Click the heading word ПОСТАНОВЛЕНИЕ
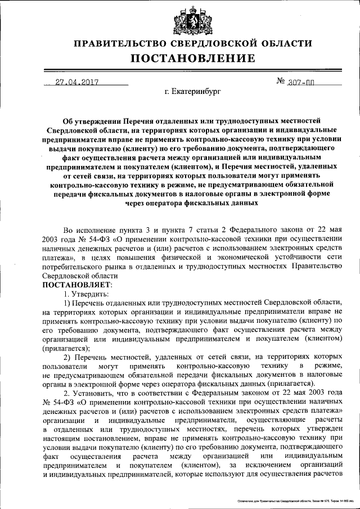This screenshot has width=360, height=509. pos(193,58)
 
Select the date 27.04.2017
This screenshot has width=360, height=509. pos(76,82)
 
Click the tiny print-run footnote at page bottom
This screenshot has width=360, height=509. pos(292,500)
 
